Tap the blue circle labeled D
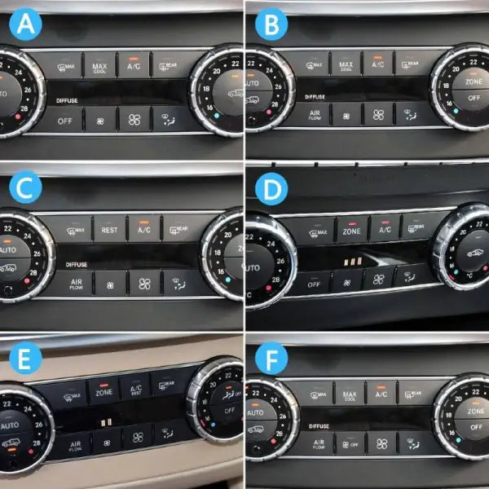point(271,189)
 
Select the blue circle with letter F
point(271,359)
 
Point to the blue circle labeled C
point(27,189)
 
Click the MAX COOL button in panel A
point(99,67)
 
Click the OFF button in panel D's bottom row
point(314,284)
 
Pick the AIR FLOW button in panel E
point(74,445)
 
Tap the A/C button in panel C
point(143,230)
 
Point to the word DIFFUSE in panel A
point(68,100)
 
